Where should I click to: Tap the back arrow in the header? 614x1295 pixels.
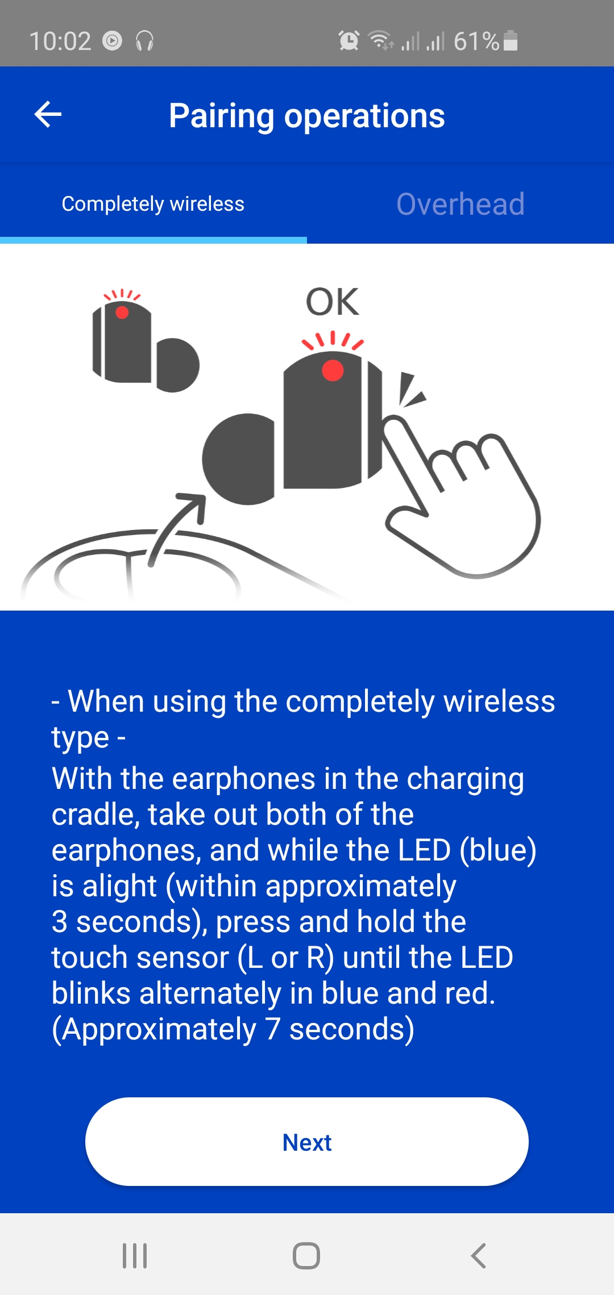[x=48, y=115]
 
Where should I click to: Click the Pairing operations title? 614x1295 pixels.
[x=307, y=116]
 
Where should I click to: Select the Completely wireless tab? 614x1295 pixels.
[x=153, y=204]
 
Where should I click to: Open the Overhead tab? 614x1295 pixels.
[x=460, y=204]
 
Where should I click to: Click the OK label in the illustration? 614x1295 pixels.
[x=333, y=302]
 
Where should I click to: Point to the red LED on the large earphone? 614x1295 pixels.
[x=333, y=370]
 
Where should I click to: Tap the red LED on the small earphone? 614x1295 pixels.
[x=122, y=312]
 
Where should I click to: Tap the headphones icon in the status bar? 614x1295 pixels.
[x=145, y=41]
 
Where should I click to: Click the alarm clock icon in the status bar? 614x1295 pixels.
[x=349, y=40]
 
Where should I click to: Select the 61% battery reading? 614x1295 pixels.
[x=476, y=41]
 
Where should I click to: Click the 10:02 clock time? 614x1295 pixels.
[x=60, y=41]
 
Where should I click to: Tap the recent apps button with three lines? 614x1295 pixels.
[x=135, y=1255]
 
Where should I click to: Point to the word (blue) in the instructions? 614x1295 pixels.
[x=498, y=850]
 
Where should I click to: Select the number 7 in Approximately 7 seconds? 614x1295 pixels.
[x=273, y=1029]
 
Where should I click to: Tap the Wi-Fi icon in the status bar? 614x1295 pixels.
[x=380, y=40]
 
